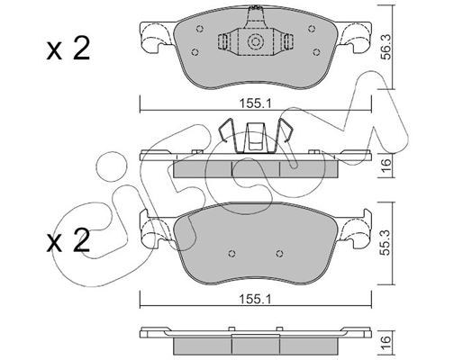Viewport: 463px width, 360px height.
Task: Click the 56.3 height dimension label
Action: tap(386, 47)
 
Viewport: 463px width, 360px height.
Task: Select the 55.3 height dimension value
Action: tap(386, 242)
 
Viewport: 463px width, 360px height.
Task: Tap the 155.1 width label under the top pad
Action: tap(255, 104)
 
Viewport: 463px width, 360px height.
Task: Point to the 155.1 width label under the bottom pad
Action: tap(255, 299)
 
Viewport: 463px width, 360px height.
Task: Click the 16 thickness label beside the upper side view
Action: tap(386, 165)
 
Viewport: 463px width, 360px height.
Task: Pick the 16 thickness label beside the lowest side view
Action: tap(386, 340)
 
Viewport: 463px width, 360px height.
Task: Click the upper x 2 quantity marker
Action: tap(68, 49)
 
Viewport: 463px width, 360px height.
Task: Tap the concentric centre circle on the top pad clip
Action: tap(255, 42)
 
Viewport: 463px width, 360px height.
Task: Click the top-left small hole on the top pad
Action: tap(200, 29)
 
